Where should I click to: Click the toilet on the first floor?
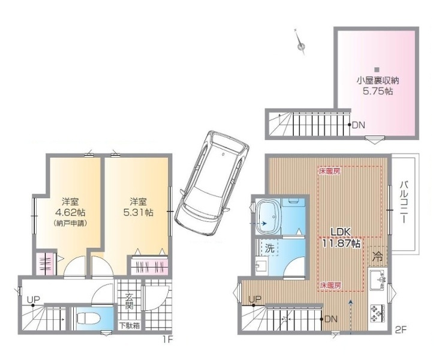[x=87, y=318]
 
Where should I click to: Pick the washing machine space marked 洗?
[x=269, y=248]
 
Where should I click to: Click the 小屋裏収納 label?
[x=378, y=80]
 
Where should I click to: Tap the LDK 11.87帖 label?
[x=341, y=238]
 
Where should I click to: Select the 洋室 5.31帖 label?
[x=138, y=207]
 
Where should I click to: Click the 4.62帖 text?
[x=70, y=213]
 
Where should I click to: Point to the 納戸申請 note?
[x=70, y=223]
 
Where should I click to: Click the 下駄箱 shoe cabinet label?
[x=130, y=326]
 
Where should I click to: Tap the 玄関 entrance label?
[x=128, y=301]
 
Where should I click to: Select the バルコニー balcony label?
[x=405, y=202]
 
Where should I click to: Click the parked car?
[x=212, y=184]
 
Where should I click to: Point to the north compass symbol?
[x=300, y=41]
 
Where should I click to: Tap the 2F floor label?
[x=401, y=330]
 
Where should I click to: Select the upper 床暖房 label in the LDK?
[x=329, y=171]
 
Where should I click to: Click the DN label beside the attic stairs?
[x=359, y=125]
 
